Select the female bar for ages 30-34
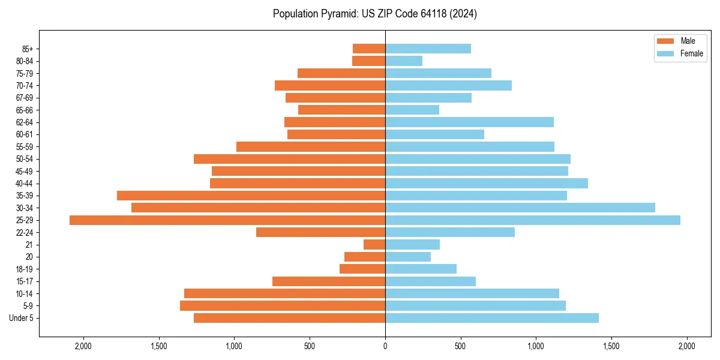click(520, 208)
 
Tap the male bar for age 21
click(374, 245)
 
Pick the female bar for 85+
click(428, 49)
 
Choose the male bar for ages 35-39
click(251, 196)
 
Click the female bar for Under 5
click(491, 318)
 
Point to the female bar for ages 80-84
click(404, 61)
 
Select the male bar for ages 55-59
click(311, 146)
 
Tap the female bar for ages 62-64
click(469, 122)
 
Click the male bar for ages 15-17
click(329, 281)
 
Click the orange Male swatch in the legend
click(665, 41)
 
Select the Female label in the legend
click(692, 54)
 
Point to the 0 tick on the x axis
click(385, 346)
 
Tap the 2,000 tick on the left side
click(83, 346)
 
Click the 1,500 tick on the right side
click(611, 346)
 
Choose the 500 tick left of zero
click(310, 346)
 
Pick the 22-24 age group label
click(25, 233)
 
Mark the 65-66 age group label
click(25, 110)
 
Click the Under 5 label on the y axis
click(22, 318)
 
